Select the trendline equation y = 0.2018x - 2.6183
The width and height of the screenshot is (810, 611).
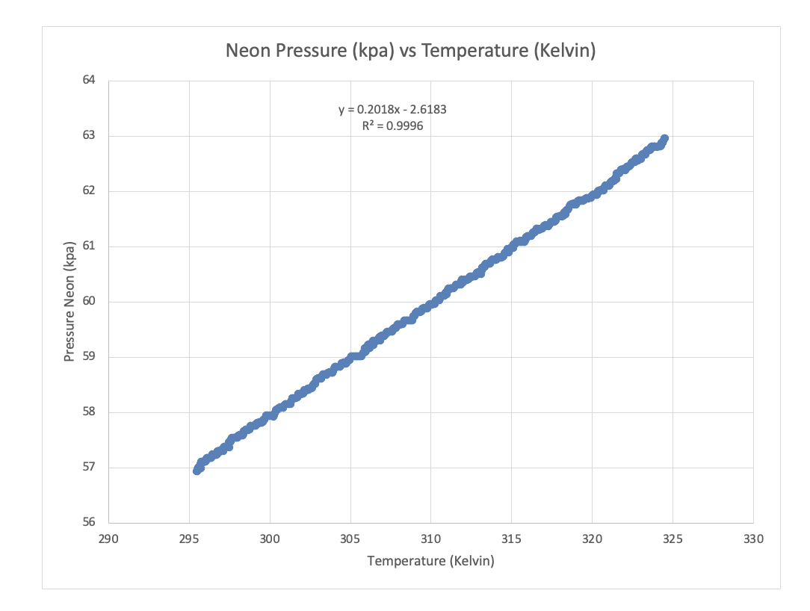392,110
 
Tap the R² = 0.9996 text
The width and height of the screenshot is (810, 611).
392,126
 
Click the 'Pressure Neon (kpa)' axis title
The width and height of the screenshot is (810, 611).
69,302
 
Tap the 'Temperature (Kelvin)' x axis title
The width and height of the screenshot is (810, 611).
430,561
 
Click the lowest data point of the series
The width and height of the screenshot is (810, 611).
197,470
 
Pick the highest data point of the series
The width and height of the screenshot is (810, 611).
664,139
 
